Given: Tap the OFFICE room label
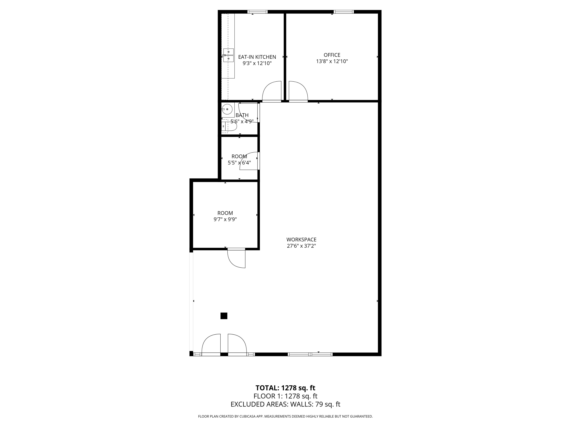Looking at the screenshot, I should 332,55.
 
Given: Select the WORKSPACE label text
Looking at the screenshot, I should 301,240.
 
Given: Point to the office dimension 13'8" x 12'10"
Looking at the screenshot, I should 332,61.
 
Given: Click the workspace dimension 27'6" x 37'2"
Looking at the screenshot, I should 301,246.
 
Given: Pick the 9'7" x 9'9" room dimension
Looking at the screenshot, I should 225,220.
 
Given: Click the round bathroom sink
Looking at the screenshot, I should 227,109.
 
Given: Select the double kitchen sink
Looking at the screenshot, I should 228,55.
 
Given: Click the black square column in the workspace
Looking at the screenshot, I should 224,316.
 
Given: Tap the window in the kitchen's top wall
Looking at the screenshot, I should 257,12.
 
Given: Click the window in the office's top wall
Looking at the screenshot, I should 343,12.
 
